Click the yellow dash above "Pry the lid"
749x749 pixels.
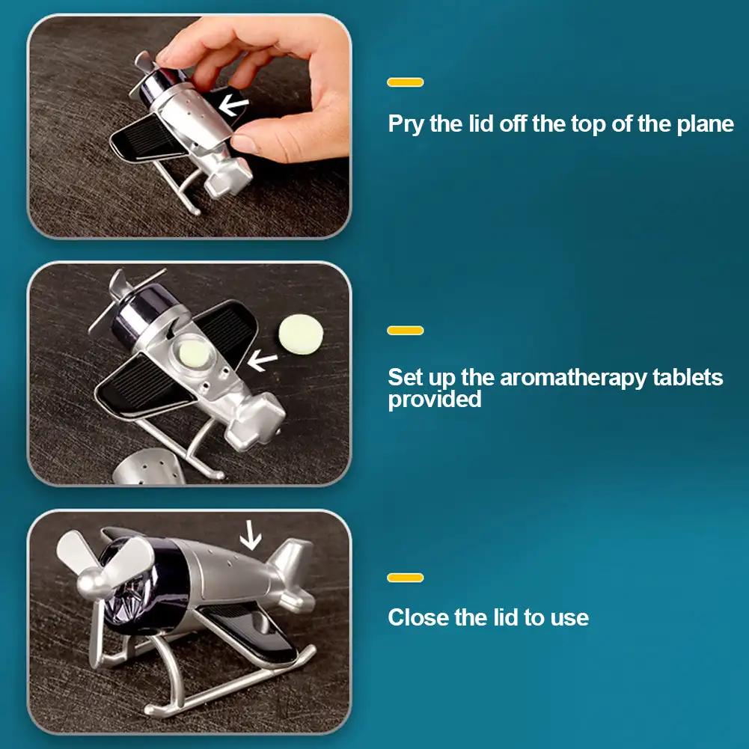(x=406, y=82)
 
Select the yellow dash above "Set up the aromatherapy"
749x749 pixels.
(x=406, y=330)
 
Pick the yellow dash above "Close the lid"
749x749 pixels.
(x=406, y=578)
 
